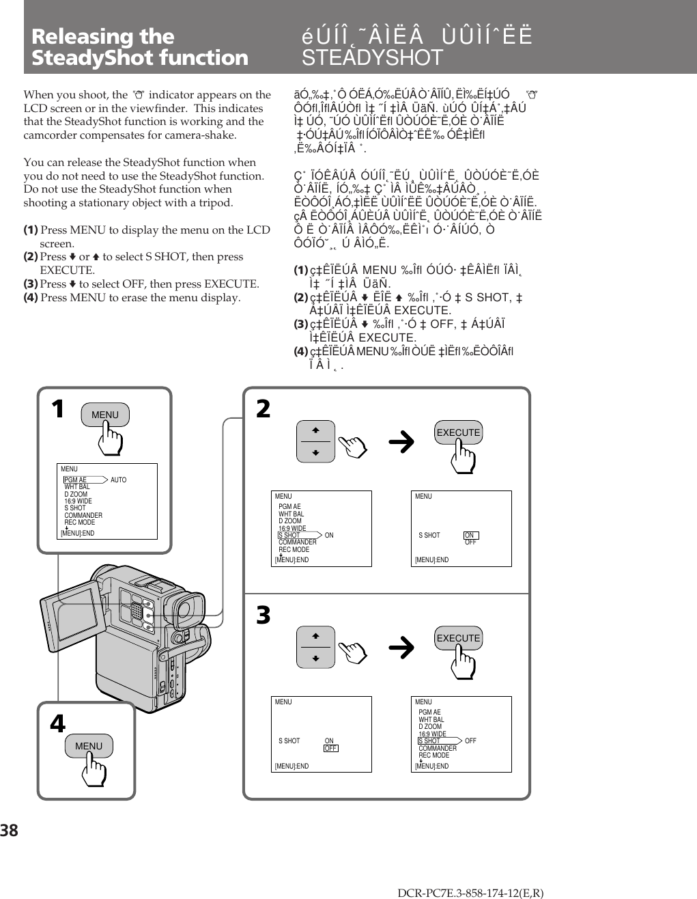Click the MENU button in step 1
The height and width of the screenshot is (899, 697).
point(104,415)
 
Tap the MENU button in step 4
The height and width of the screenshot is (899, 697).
point(89,746)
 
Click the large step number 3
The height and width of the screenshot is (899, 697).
point(264,616)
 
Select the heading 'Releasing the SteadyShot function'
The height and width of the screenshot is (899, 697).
point(139,46)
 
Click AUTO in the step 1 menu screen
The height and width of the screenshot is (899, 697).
point(118,480)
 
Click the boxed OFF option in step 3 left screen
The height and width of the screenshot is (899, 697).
point(330,748)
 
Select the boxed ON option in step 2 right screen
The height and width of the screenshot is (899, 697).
point(470,536)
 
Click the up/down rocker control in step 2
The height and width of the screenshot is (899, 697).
point(315,441)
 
